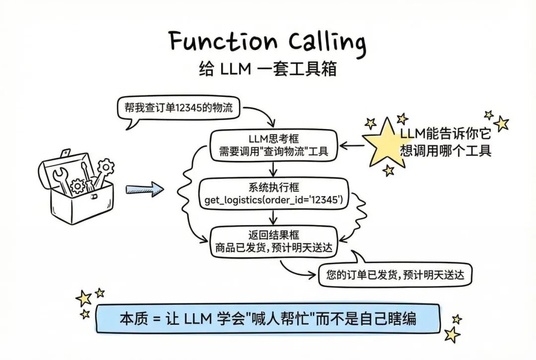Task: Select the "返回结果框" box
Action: [x=273, y=241]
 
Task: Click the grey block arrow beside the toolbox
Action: [x=144, y=188]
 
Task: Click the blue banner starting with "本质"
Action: [x=268, y=319]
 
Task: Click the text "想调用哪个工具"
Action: [x=446, y=150]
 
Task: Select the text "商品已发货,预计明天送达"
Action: [x=273, y=247]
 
